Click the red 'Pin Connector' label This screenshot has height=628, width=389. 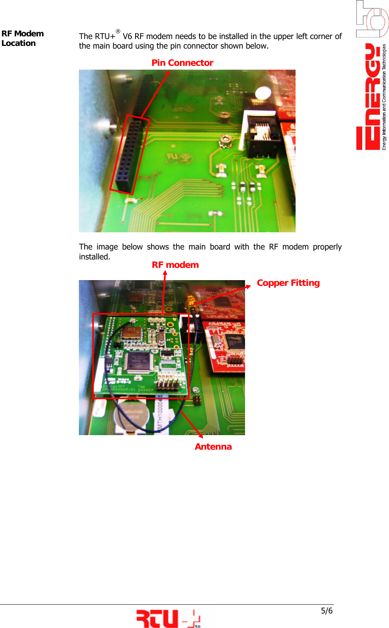pyautogui.click(x=182, y=63)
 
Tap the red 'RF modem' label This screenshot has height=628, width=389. pyautogui.click(x=175, y=265)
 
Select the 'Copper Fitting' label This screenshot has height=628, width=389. pyautogui.click(x=288, y=283)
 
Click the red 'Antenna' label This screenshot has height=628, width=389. pyautogui.click(x=213, y=447)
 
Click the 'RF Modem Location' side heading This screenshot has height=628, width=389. pyautogui.click(x=22, y=38)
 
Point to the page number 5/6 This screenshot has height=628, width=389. pyautogui.click(x=327, y=611)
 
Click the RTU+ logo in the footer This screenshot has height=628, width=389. pyautogui.click(x=168, y=618)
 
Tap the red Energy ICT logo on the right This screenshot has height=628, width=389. pyautogui.click(x=371, y=96)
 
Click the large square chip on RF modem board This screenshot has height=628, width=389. pyautogui.click(x=137, y=362)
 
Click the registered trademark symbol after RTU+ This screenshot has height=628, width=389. pyautogui.click(x=118, y=31)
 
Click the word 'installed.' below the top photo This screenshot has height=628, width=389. pyautogui.click(x=95, y=257)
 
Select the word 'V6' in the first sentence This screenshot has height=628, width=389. pyautogui.click(x=127, y=36)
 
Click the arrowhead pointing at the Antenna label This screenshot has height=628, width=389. pyautogui.click(x=201, y=436)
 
